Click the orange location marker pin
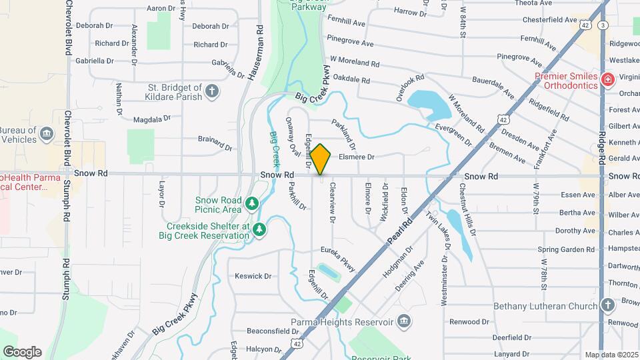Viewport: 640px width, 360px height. pos(321,159)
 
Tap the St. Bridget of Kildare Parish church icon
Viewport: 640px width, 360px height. pos(212,91)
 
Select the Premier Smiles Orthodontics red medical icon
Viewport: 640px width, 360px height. pos(607,81)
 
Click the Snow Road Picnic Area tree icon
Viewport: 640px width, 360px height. pos(252,203)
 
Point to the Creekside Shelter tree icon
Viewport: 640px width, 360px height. pos(259,230)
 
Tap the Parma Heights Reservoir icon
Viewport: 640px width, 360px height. pos(404,323)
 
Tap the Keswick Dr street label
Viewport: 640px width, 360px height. pos(253,276)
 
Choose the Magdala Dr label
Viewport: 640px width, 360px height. pos(148,119)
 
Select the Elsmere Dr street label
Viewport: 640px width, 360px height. pos(357,157)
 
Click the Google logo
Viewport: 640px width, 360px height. pos(22,351)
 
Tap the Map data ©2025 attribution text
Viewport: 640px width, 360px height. pos(611,355)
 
